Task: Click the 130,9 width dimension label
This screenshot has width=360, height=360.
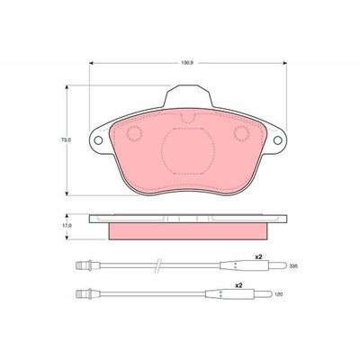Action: coord(186,63)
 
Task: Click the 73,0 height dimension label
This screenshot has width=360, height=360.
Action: coord(65,139)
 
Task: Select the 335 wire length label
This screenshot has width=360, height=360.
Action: coord(293,266)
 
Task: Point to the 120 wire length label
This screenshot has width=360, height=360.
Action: coord(279,294)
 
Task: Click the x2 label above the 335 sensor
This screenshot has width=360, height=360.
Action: coord(258,257)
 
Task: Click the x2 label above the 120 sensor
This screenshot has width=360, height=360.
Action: coord(238,286)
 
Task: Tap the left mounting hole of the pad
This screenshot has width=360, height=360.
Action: coord(98,140)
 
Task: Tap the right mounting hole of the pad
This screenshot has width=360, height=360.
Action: coord(278,140)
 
